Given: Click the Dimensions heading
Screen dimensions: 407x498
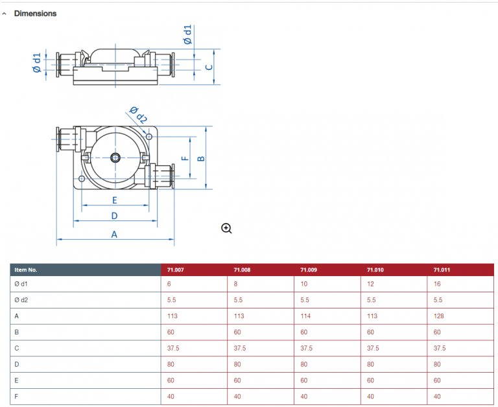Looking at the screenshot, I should [35, 13].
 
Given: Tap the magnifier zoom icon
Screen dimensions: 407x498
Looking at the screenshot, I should [226, 227].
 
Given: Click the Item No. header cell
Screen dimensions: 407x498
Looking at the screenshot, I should [26, 270].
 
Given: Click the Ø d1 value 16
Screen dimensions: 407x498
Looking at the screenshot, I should [438, 283].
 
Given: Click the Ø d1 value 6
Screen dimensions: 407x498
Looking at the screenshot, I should [169, 283].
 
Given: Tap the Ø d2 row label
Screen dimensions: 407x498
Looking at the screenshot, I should [21, 299].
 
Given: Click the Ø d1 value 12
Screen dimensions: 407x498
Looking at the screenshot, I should [371, 283].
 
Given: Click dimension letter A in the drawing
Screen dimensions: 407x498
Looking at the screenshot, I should [114, 235].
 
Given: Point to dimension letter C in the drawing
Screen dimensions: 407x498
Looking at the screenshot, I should [209, 67].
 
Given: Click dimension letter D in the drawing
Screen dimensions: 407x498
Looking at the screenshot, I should [114, 216].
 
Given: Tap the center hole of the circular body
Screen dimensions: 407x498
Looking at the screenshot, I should [115, 157].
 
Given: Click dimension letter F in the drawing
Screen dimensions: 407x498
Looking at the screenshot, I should [184, 157].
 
